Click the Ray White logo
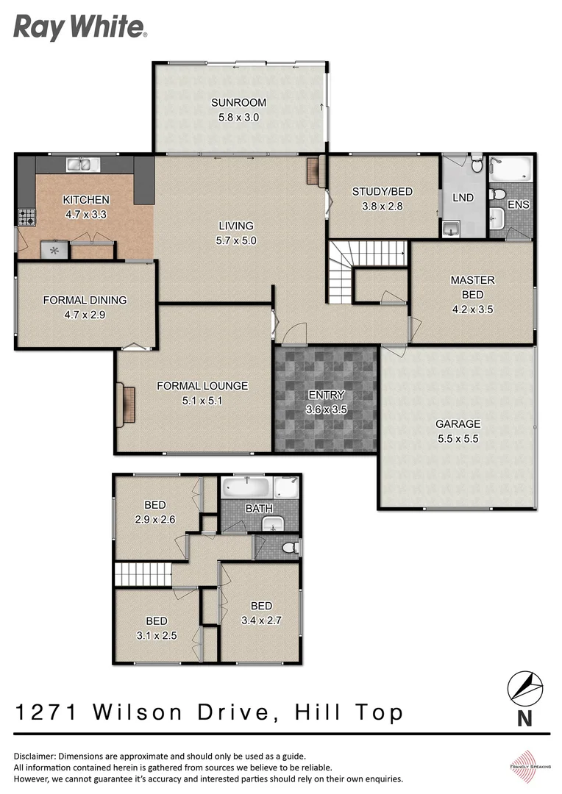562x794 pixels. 79,27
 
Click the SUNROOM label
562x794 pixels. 238,103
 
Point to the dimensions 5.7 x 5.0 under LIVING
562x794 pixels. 235,240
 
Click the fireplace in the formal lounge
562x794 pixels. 126,405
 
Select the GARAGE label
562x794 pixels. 458,424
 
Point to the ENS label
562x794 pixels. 518,204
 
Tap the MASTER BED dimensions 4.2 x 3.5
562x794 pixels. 472,309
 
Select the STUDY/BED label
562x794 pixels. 382,192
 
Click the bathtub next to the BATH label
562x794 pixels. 246,487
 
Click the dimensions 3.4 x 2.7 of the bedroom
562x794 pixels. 261,620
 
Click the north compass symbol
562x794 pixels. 524,689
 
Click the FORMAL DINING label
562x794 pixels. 85,300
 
